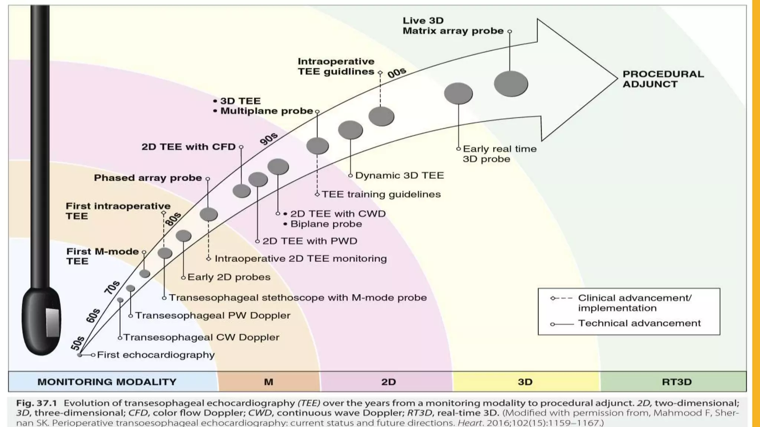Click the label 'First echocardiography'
[x=155, y=355]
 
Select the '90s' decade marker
[x=269, y=139]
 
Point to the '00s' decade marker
[x=397, y=73]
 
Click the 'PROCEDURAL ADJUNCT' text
[x=663, y=79]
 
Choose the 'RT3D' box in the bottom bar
[x=676, y=382]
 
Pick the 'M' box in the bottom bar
[x=268, y=382]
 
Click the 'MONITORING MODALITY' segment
[x=107, y=382]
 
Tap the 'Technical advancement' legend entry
[x=639, y=323]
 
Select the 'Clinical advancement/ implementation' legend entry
[x=635, y=303]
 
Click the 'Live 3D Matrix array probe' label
[x=453, y=26]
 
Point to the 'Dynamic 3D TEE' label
[x=399, y=175]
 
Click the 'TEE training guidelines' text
[x=381, y=194]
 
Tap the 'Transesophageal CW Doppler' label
[x=201, y=337]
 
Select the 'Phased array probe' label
[x=148, y=178]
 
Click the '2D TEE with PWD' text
[x=309, y=241]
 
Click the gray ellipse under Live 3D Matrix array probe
[x=511, y=84]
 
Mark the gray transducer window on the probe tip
[x=52, y=322]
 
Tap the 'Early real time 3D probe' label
[x=499, y=154]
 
